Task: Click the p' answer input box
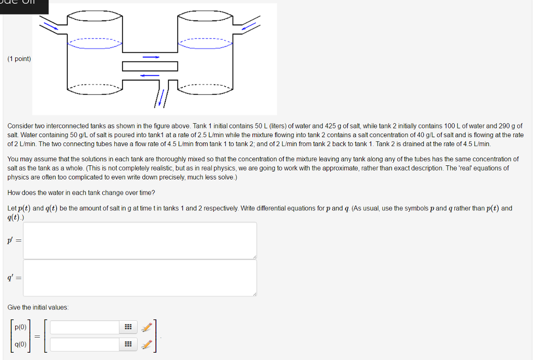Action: [x=140, y=241]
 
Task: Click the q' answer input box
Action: [x=140, y=278]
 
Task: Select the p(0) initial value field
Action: [x=85, y=327]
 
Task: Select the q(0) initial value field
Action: [x=85, y=344]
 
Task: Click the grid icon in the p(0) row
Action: [x=127, y=327]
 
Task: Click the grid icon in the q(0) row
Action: [x=127, y=344]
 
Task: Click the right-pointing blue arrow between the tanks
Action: [x=151, y=57]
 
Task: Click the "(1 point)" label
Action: [x=19, y=59]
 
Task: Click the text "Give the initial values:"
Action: [x=38, y=307]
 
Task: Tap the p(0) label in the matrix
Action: [x=21, y=327]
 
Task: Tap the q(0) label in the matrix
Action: [x=21, y=344]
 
